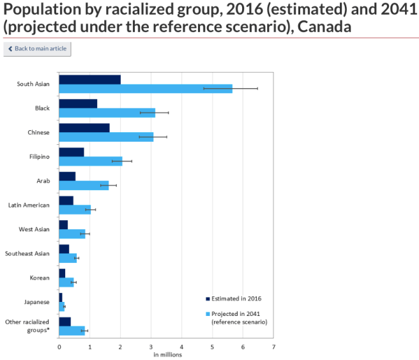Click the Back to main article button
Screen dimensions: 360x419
[x=37, y=49]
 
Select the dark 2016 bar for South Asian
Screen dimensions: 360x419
[x=89, y=79]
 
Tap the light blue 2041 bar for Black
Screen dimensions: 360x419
[x=107, y=113]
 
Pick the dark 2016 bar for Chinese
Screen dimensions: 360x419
[x=84, y=128]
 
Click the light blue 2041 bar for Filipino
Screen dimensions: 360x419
[x=90, y=161]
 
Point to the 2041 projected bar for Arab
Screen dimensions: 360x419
[x=84, y=185]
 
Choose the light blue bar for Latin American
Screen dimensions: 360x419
[x=75, y=209]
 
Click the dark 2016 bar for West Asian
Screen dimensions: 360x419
[x=63, y=225]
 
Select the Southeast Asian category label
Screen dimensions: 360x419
[x=27, y=253]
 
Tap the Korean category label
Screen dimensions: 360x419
[x=40, y=278]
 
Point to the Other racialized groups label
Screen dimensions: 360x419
[x=27, y=326]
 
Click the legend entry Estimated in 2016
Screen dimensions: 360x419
[x=236, y=298]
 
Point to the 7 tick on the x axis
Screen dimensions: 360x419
[x=273, y=347]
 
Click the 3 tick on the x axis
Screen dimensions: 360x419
[x=151, y=347]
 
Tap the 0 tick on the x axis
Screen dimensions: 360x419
[x=59, y=347]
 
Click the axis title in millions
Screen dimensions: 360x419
[x=167, y=354]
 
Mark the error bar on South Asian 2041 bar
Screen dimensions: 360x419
[x=231, y=88]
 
